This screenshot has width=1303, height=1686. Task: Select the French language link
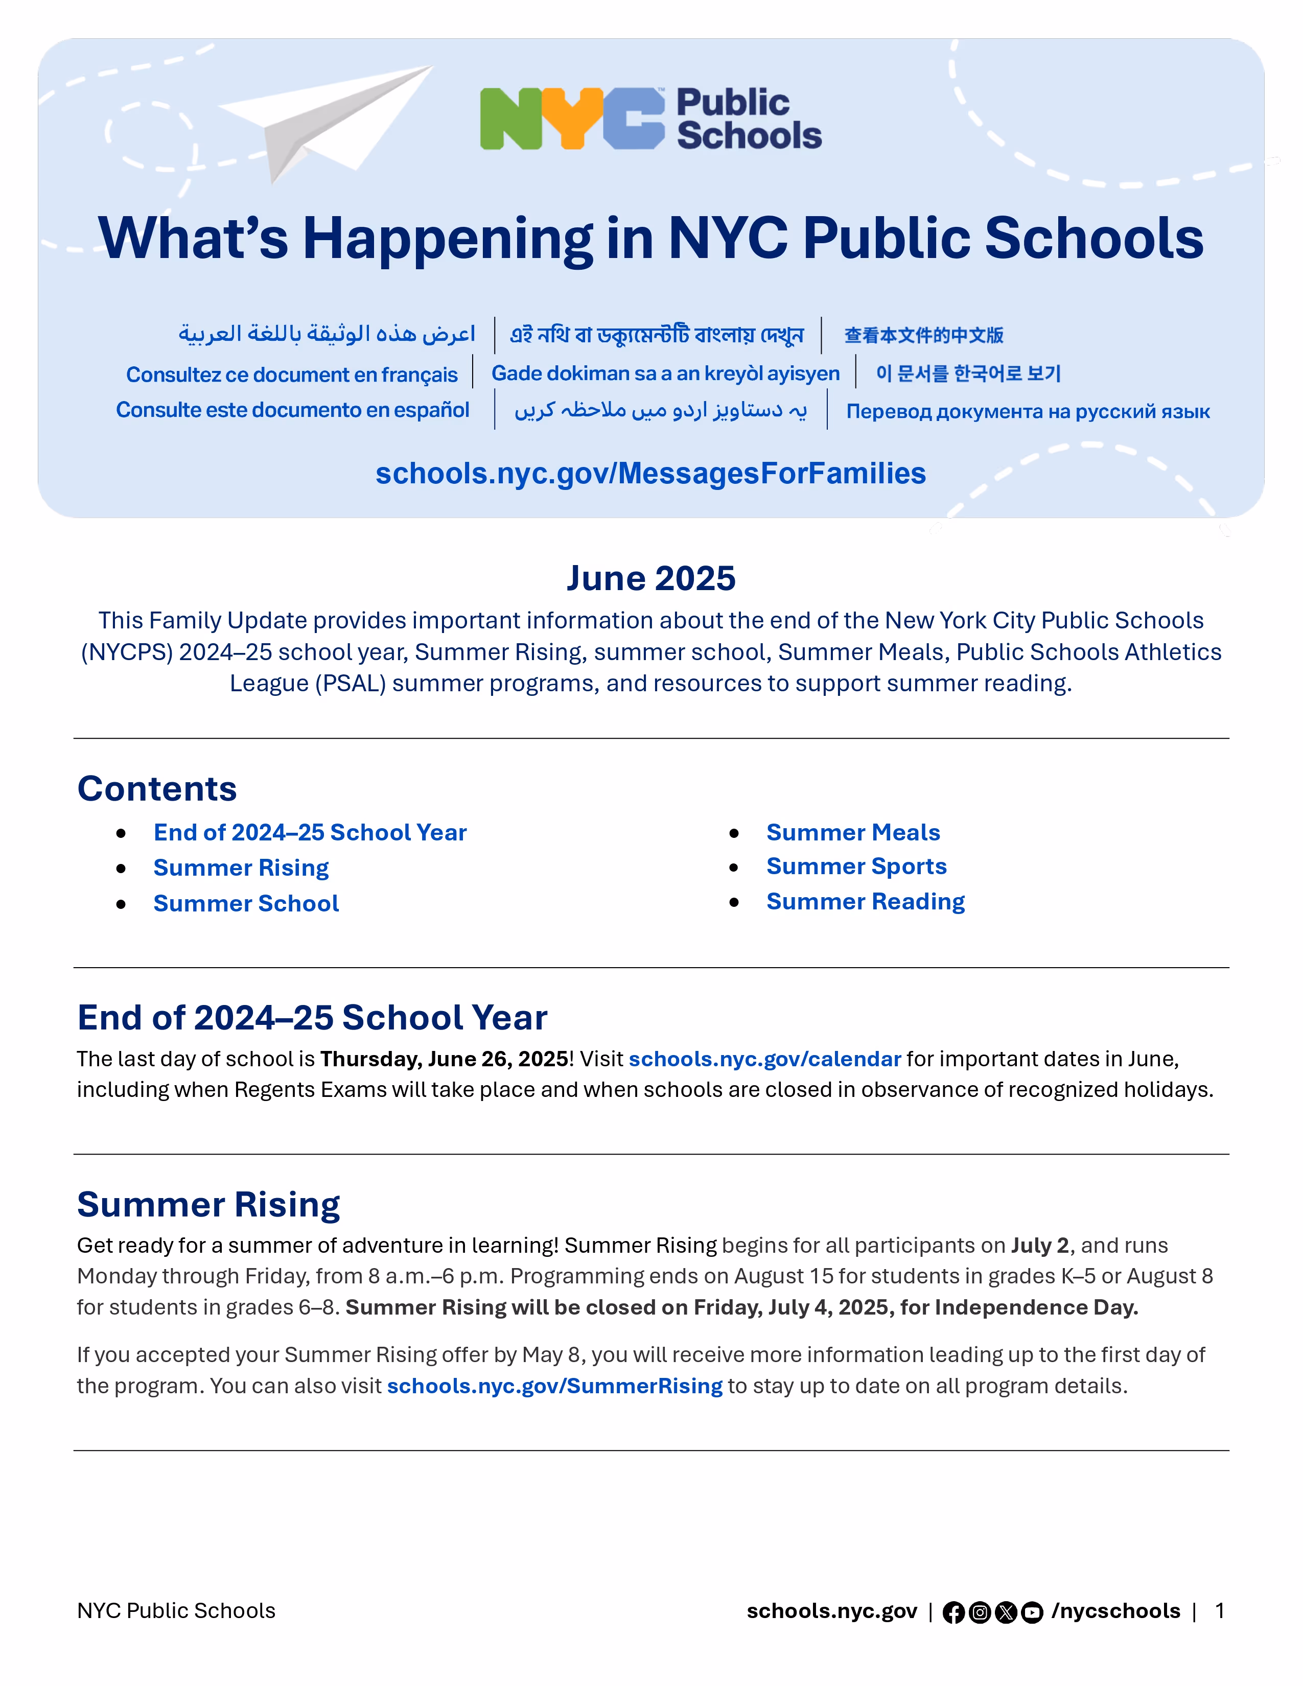coord(292,374)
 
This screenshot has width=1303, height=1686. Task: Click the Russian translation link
coord(1028,411)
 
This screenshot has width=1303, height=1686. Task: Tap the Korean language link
coord(968,373)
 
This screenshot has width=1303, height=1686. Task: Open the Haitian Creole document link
coord(665,373)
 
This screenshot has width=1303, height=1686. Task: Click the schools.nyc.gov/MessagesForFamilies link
coord(650,473)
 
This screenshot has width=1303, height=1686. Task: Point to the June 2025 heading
coord(650,578)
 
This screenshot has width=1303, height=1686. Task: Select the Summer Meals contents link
coord(853,832)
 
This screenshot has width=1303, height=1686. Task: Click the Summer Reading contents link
coord(865,902)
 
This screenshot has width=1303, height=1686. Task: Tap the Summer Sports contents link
coord(856,866)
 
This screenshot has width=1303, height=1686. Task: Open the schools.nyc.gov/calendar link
coord(764,1059)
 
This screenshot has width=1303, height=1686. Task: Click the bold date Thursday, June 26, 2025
coord(444,1059)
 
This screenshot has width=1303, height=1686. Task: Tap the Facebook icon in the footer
coord(953,1612)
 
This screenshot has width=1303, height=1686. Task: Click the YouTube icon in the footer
coord(1032,1612)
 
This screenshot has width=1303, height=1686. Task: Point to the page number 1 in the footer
coord(1220,1611)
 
